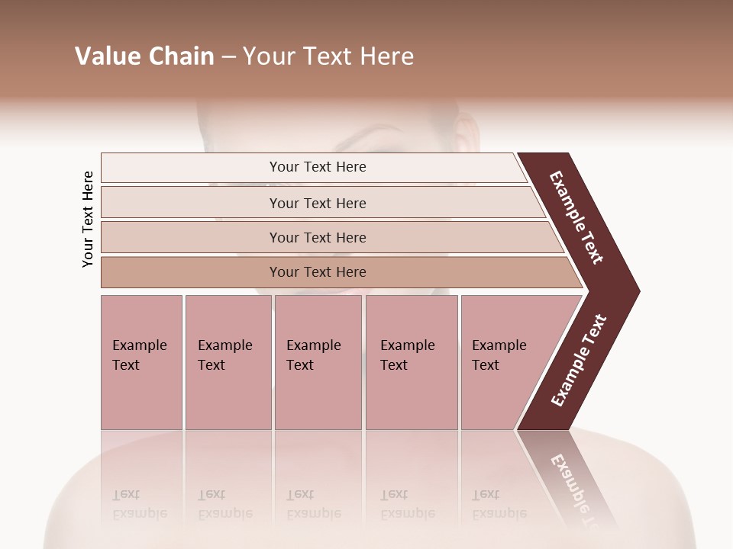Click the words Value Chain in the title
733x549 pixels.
tap(144, 56)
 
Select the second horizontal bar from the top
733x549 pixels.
tap(318, 203)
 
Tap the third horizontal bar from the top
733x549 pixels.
tap(318, 237)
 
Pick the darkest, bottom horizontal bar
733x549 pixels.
tap(318, 272)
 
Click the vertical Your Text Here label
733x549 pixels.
tap(88, 219)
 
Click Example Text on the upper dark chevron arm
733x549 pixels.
tap(576, 217)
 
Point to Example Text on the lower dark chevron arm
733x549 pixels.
tap(579, 360)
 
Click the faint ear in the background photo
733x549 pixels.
tap(465, 130)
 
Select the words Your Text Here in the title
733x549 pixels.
tap(328, 56)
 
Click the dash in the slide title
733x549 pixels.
tap(228, 57)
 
